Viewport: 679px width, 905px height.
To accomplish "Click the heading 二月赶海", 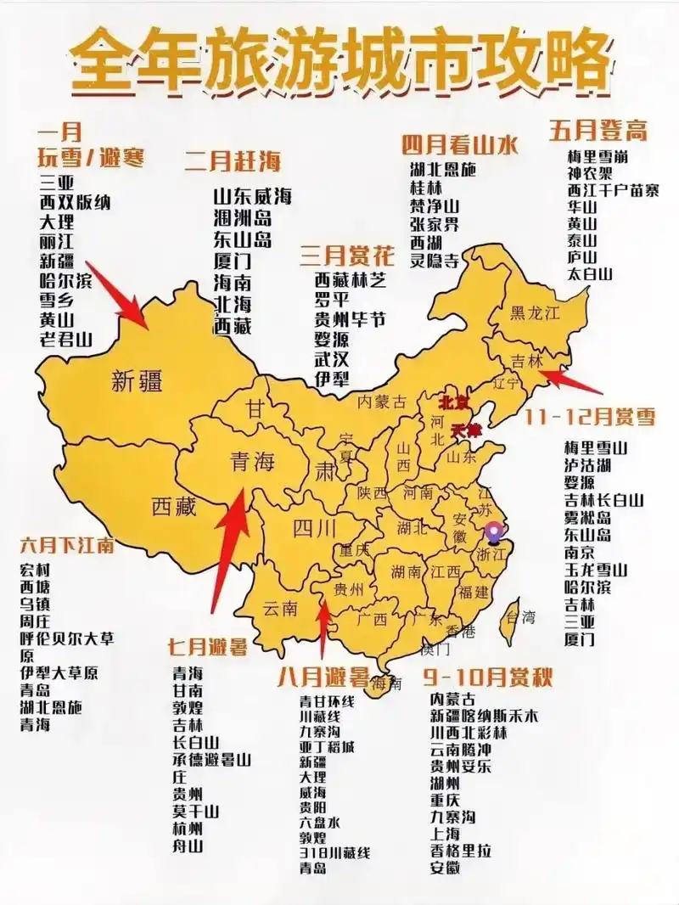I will pyautogui.click(x=233, y=160).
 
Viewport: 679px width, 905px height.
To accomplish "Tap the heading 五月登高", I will pyautogui.click(x=598, y=131).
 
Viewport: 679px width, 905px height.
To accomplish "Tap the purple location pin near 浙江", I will pyautogui.click(x=494, y=533).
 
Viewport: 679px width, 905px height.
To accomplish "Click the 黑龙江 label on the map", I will pyautogui.click(x=535, y=313).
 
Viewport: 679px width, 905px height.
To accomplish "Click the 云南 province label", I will pyautogui.click(x=280, y=608).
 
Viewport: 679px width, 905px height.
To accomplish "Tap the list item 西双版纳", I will pyautogui.click(x=75, y=203).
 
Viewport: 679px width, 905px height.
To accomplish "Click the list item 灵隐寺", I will pyautogui.click(x=435, y=261).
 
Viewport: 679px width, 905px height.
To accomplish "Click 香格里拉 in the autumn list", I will pyautogui.click(x=461, y=851).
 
